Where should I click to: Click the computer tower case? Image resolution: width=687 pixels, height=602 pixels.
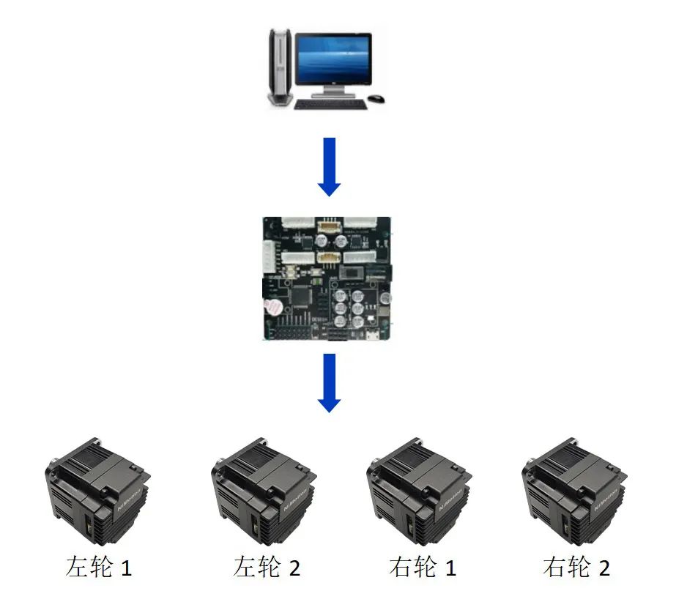(280, 66)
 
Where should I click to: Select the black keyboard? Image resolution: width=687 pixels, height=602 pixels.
(330, 105)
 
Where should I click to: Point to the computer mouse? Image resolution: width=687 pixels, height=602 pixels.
(376, 98)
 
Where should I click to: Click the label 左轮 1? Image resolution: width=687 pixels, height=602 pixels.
(99, 568)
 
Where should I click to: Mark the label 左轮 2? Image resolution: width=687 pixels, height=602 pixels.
(267, 568)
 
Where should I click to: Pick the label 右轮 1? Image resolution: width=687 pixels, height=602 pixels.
(423, 568)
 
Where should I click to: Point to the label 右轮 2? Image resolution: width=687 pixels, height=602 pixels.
(576, 568)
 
